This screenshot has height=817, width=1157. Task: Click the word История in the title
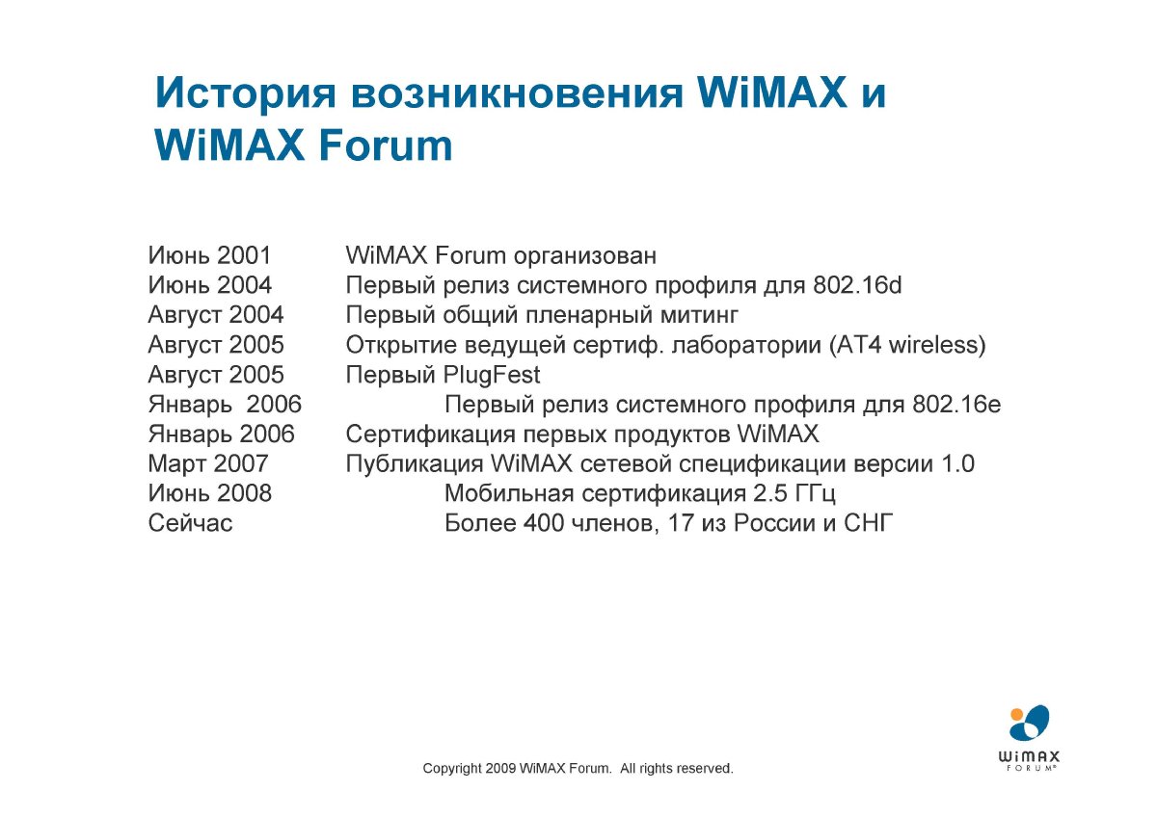click(246, 93)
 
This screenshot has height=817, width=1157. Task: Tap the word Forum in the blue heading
click(386, 145)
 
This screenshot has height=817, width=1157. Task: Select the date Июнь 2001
click(210, 255)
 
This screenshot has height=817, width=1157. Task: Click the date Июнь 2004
click(210, 285)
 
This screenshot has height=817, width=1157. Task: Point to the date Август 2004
click(216, 315)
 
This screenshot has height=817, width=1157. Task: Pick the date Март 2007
click(208, 463)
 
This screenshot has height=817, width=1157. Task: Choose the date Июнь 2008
click(210, 493)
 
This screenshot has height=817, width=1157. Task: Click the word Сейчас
click(190, 523)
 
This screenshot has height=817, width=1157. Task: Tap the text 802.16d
click(857, 285)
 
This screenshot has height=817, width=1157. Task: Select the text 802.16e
click(956, 404)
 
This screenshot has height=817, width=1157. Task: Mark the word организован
click(585, 256)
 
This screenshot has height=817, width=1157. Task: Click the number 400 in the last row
click(544, 523)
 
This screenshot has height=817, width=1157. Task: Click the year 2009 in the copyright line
click(501, 769)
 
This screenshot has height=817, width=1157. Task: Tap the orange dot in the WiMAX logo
click(1016, 714)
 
